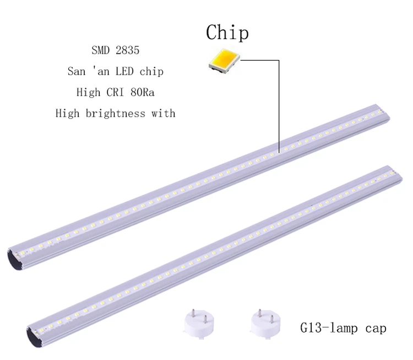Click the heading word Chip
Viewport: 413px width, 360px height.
click(227, 33)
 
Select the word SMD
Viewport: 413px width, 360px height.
click(101, 50)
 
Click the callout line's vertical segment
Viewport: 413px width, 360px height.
click(280, 105)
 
